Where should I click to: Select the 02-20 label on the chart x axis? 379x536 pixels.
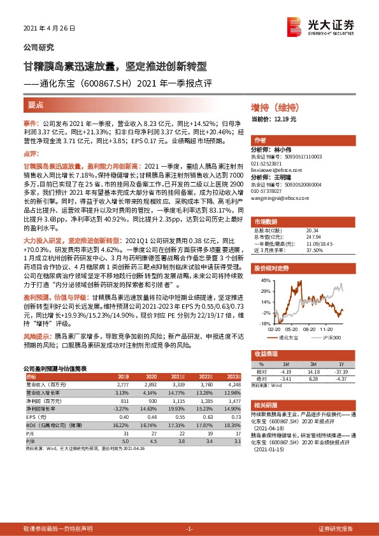[274, 330]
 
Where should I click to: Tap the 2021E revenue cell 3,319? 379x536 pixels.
[180, 386]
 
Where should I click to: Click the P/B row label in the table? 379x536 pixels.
[29, 439]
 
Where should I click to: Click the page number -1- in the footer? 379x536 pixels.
[189, 529]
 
